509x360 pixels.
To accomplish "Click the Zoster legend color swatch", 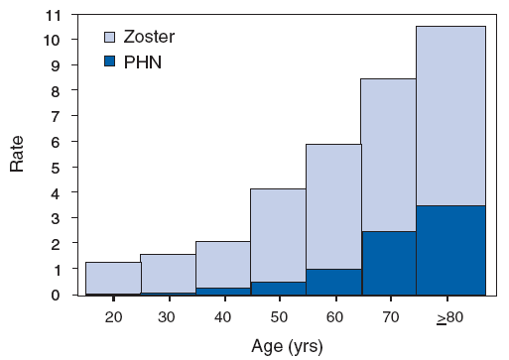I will click(110, 38).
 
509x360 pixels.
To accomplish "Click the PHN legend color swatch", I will click(110, 61).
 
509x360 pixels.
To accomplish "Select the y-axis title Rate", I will click(18, 154).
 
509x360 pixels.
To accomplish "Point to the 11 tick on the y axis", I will click(54, 15).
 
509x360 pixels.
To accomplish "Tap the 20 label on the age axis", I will click(113, 316).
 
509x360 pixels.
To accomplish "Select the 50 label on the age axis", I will click(279, 316).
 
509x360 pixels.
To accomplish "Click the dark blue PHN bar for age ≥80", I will click(450, 250).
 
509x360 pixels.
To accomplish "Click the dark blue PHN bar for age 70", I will click(388, 263).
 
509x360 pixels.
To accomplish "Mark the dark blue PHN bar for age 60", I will click(333, 282).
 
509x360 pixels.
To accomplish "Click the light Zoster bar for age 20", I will click(112, 278).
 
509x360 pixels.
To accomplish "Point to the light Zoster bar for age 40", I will click(222, 264).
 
